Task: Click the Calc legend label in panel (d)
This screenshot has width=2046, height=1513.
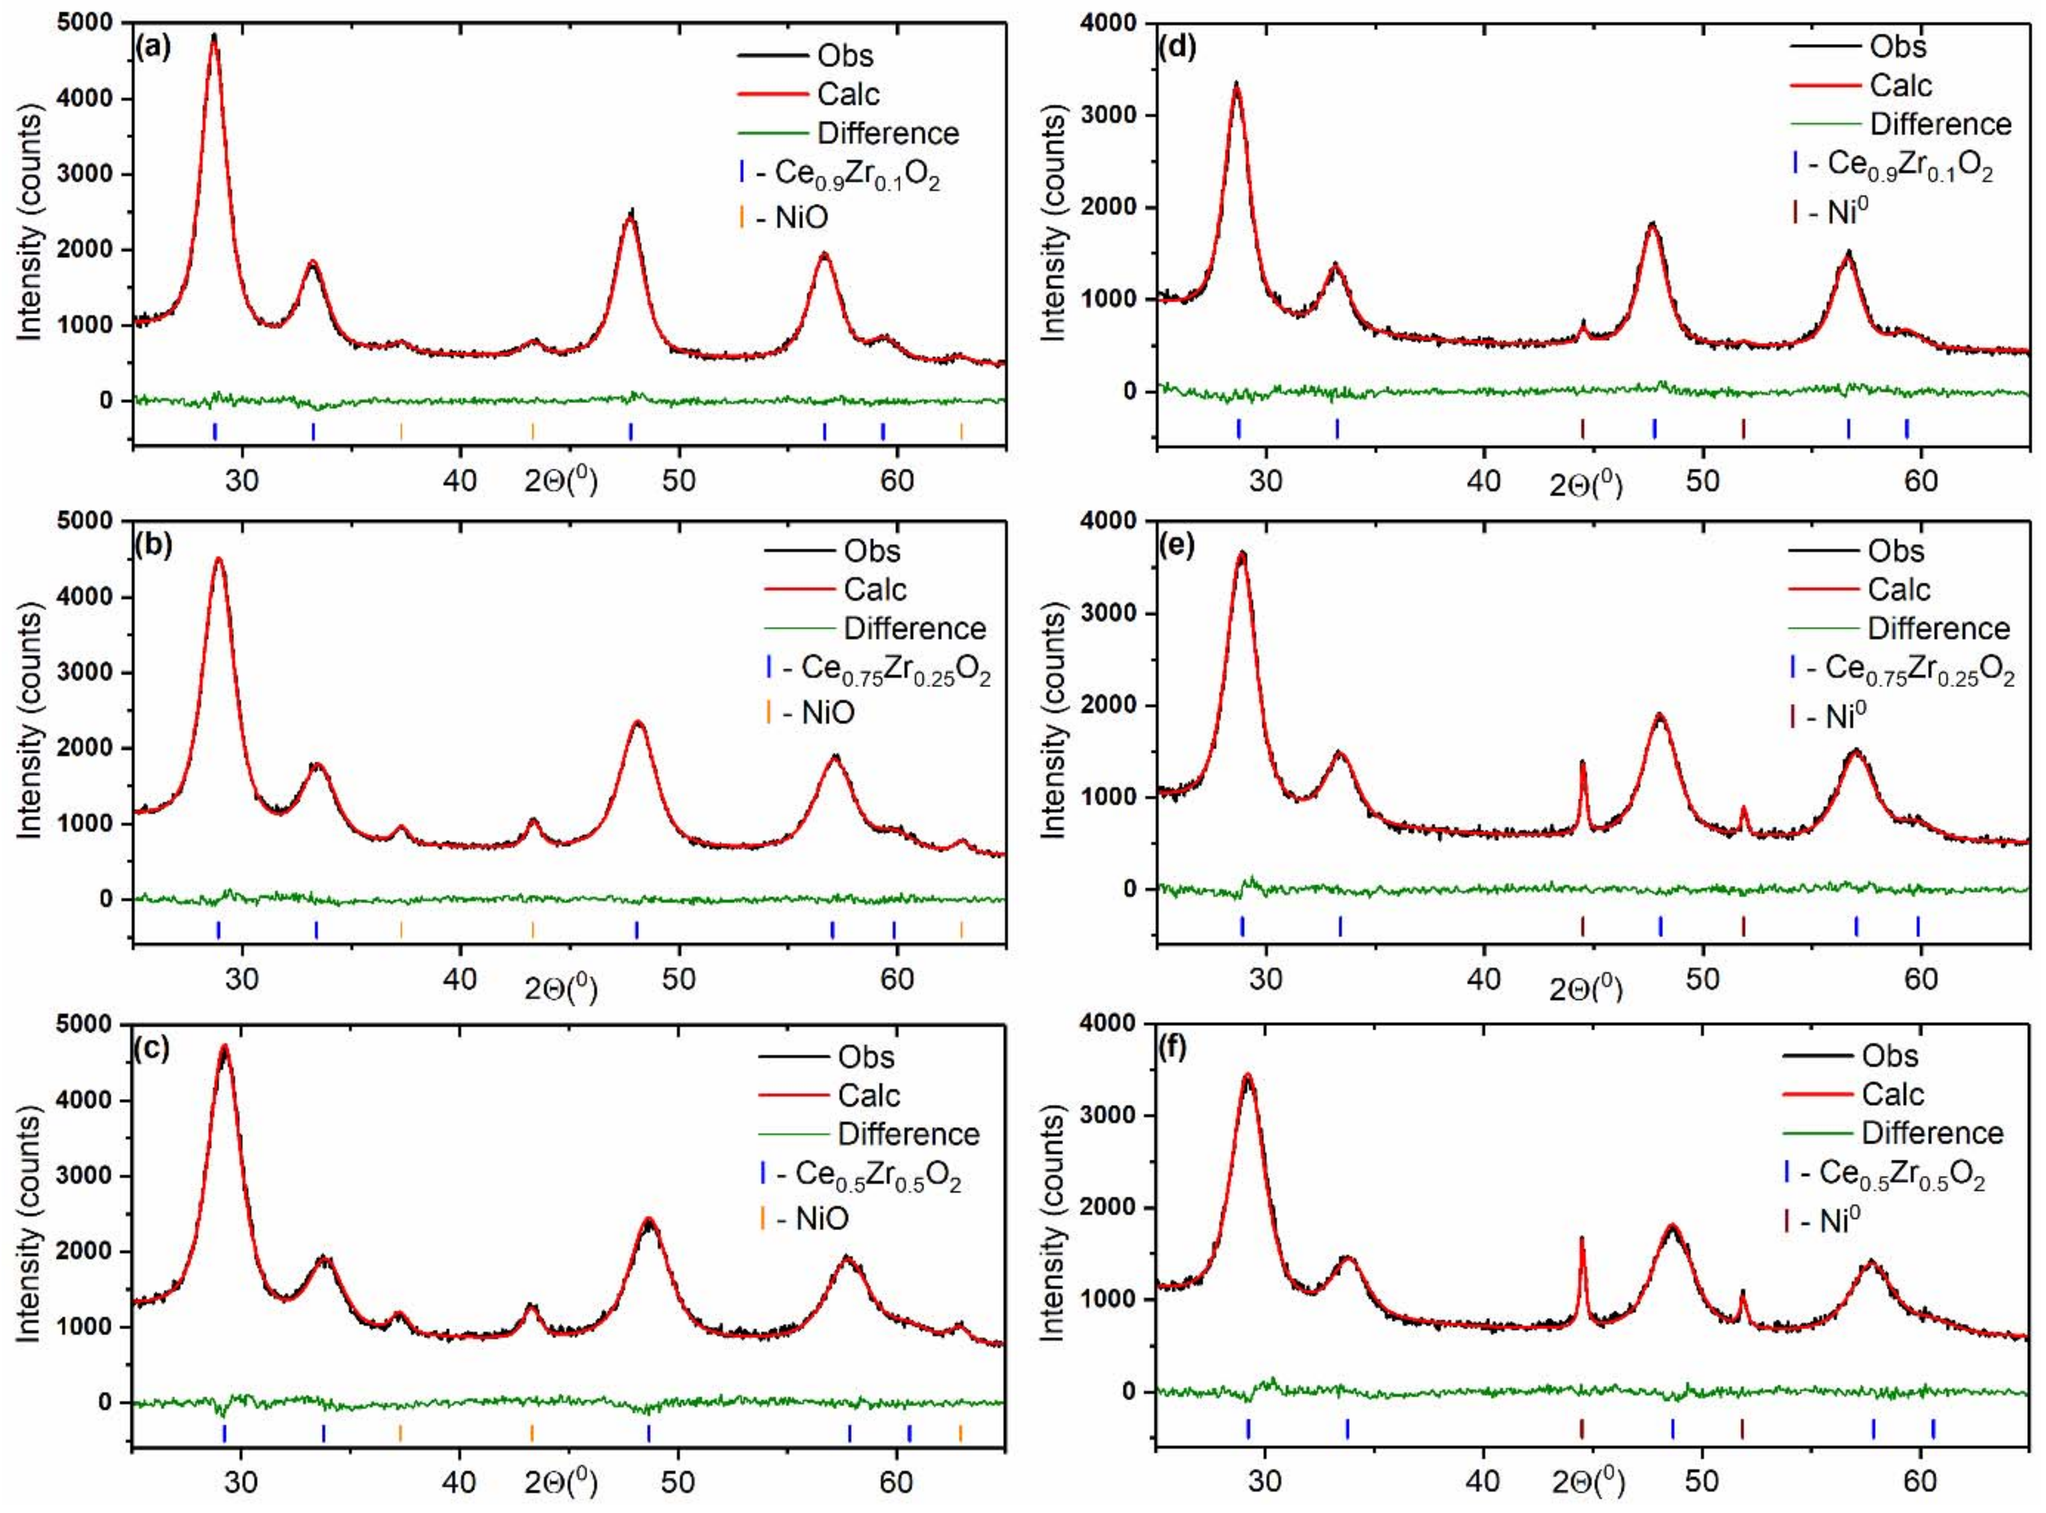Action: click(1900, 85)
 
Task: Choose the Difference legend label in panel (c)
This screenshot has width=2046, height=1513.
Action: click(908, 1134)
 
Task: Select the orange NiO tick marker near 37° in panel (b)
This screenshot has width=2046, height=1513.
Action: click(401, 929)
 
